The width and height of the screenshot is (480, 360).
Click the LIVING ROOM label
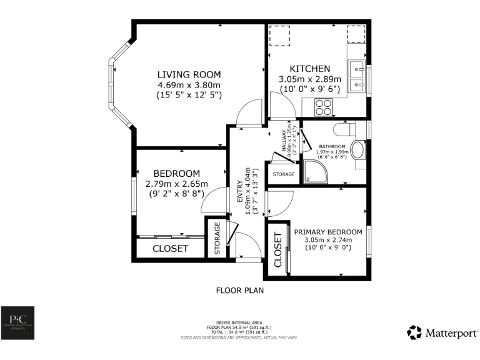pos(189,74)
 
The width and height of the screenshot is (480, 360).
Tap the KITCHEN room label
pos(309,68)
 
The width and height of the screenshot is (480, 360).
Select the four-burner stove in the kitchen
pos(323,109)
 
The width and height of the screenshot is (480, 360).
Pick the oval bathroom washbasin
pos(358,151)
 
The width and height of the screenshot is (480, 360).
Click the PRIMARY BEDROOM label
pos(328,231)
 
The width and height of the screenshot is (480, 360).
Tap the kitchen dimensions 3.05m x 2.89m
pos(309,79)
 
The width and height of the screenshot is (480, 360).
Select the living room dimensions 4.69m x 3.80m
pos(189,84)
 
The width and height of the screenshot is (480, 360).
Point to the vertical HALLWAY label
pos(282,142)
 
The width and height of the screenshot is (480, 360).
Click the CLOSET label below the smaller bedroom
pos(170,249)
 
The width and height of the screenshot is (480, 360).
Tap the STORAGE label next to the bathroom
pos(284,174)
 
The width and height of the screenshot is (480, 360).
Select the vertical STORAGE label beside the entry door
pos(217,239)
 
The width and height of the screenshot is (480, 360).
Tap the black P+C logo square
pos(17,322)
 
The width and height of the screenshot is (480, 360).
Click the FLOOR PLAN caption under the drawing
pos(240,290)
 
